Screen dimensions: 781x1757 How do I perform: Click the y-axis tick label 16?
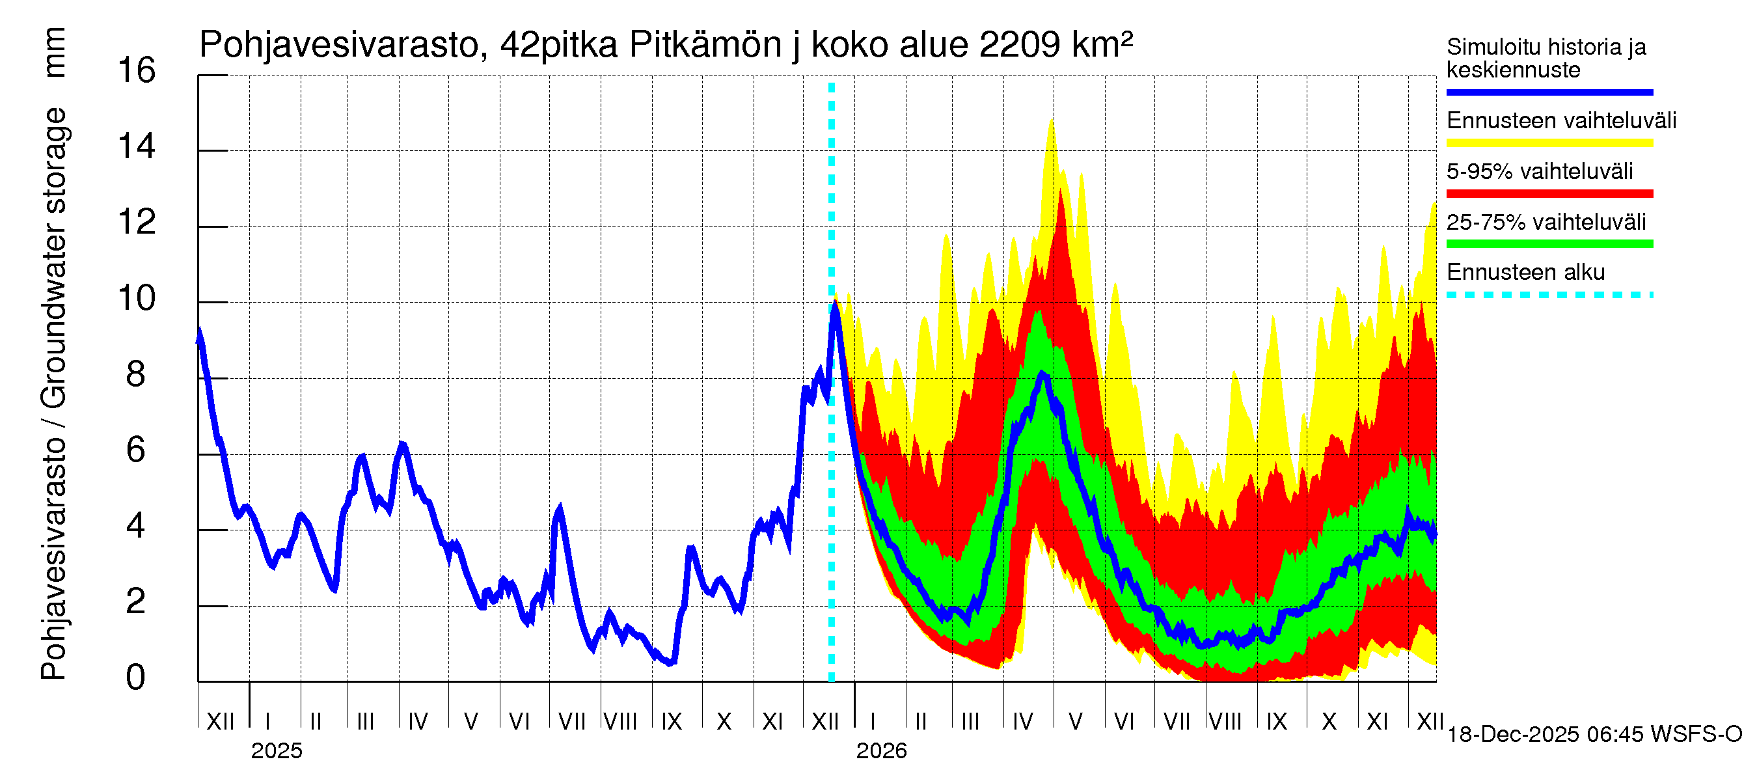[137, 71]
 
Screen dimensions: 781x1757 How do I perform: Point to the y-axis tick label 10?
[137, 299]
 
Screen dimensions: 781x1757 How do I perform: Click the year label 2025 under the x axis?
[276, 751]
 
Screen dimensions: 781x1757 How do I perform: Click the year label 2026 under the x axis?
[881, 751]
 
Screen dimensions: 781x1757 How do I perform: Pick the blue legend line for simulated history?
[1549, 92]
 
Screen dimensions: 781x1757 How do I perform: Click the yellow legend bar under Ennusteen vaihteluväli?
[1549, 143]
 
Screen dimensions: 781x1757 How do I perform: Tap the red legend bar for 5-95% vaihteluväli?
[1549, 194]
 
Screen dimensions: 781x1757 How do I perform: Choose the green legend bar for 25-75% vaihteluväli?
[1549, 244]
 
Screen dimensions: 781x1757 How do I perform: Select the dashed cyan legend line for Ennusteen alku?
[1549, 295]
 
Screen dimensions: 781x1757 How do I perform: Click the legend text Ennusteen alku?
[1525, 272]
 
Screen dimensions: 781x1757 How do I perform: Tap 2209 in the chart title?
[1020, 45]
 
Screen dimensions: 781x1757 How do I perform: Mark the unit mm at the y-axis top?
[54, 53]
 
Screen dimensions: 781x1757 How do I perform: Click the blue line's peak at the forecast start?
[834, 303]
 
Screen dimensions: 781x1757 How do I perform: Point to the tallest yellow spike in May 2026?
[1052, 122]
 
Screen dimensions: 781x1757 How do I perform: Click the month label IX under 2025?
[671, 722]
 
